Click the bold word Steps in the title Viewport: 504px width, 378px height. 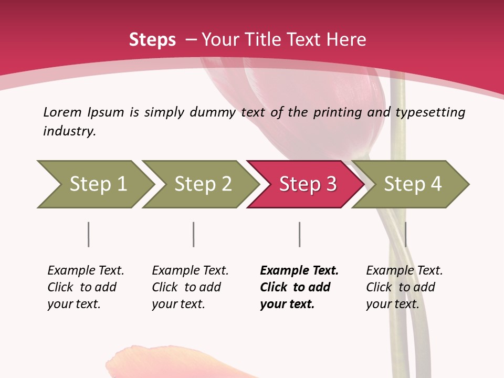(152, 40)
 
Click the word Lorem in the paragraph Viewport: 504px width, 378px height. (62, 112)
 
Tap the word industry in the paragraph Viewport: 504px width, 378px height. (69, 131)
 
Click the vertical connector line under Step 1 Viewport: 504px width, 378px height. (88, 234)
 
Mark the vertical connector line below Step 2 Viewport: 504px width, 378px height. (194, 234)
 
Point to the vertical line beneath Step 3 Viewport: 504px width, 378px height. (299, 234)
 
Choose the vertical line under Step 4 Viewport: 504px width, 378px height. (405, 234)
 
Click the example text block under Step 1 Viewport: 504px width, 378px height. (86, 287)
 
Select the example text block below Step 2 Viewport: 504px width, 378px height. (190, 287)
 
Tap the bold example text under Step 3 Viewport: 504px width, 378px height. (299, 287)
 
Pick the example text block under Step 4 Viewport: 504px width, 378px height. (404, 287)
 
